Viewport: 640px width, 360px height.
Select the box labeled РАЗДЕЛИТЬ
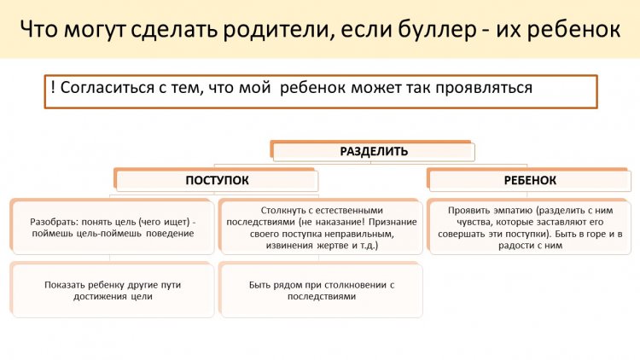373,152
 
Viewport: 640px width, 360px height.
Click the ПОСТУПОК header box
217,180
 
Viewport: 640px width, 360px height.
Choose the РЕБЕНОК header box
529,180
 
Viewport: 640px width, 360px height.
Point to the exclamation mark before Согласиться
53,87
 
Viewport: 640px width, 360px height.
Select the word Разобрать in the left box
54,223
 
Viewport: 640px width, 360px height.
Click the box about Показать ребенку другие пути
113,290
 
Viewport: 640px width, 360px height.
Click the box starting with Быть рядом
321,290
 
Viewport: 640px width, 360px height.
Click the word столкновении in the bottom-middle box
354,285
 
